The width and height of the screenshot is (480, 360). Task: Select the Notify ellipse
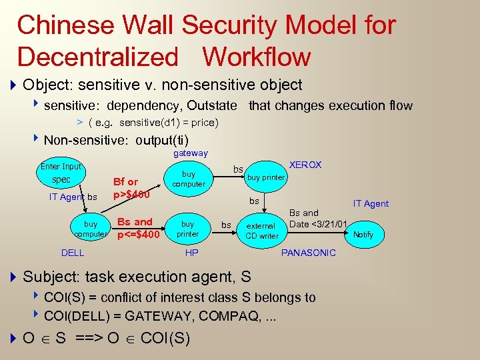tap(363, 235)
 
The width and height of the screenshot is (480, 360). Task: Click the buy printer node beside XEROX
tap(265, 177)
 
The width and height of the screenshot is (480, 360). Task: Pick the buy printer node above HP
tap(188, 229)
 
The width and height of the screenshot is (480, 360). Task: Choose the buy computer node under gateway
tap(189, 179)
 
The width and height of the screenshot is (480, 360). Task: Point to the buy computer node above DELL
tap(91, 229)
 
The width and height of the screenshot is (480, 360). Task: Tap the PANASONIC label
tap(309, 253)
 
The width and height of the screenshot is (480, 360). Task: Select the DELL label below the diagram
tap(73, 253)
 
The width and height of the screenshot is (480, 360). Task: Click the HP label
tap(191, 253)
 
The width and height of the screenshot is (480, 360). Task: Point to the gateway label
tap(190, 153)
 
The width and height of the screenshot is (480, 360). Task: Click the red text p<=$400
tap(138, 235)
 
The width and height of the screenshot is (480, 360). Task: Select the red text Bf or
tap(125, 181)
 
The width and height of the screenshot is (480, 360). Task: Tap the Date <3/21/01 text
tap(319, 223)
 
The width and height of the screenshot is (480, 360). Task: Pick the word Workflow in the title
tap(257, 57)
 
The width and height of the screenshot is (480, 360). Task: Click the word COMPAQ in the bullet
tap(221, 315)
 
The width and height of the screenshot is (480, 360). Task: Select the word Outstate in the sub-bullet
tap(211, 105)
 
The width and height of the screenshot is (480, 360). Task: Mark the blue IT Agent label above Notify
tap(371, 203)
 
